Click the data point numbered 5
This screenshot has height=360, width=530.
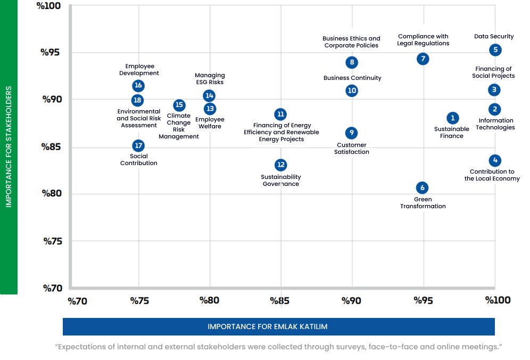(x=495, y=50)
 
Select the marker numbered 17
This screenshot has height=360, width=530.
(x=138, y=145)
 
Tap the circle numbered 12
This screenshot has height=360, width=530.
(x=280, y=165)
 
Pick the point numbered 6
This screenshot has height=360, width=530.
(x=422, y=187)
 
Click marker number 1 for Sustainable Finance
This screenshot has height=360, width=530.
(x=452, y=118)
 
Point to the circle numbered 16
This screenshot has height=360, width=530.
(x=138, y=86)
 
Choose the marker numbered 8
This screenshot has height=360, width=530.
(x=351, y=62)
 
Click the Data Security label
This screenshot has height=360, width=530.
(x=494, y=37)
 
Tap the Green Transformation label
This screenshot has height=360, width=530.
(x=423, y=203)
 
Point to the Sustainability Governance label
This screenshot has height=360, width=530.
(x=281, y=181)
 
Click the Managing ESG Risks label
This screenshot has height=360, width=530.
(x=210, y=79)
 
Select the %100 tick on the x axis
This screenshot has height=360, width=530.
(x=498, y=300)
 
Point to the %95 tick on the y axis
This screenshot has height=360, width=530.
(x=52, y=52)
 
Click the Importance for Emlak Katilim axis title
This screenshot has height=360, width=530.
(x=278, y=326)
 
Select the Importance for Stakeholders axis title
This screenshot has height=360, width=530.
(x=9, y=146)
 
